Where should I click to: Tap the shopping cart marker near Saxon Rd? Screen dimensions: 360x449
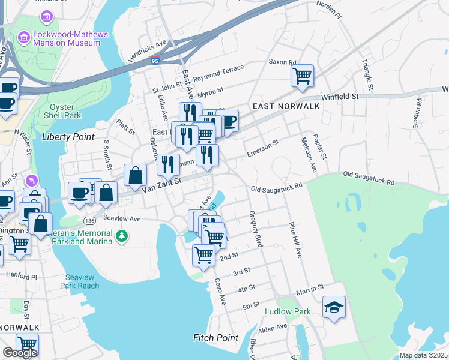coord(303,76)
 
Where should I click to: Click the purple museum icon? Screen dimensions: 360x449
coord(24,38)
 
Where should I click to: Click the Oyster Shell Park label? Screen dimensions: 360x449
coord(64,111)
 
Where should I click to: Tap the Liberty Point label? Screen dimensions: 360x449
coord(68,137)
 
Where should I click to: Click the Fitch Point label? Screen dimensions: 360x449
coord(215,338)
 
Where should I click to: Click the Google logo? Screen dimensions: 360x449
coord(20,353)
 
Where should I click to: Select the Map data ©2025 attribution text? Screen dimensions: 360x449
coord(423,355)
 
